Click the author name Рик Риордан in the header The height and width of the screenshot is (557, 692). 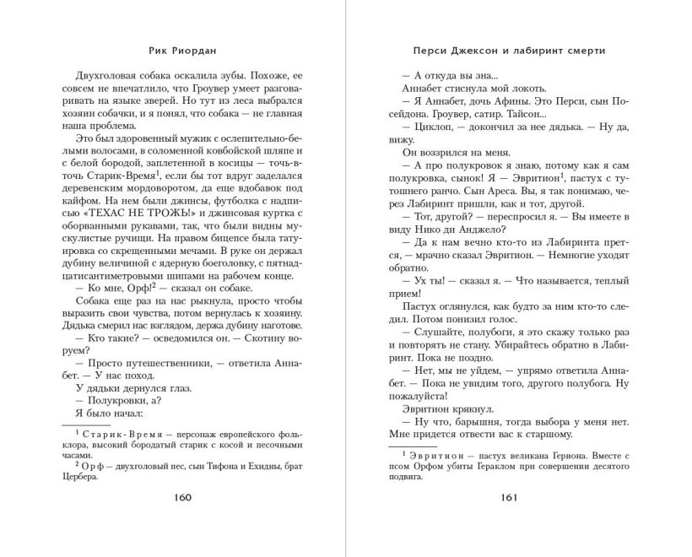tap(184, 49)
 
